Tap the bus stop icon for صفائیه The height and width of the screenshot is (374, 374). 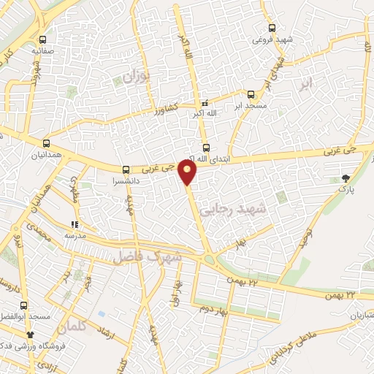pos(43,40)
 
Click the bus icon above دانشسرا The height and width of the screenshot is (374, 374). pos(126,168)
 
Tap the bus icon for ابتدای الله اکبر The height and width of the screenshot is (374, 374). pos(206,148)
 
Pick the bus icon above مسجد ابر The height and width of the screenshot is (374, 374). pos(251,95)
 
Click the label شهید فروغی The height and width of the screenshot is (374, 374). pos(273,39)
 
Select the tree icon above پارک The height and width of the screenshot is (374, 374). pos(346,178)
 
